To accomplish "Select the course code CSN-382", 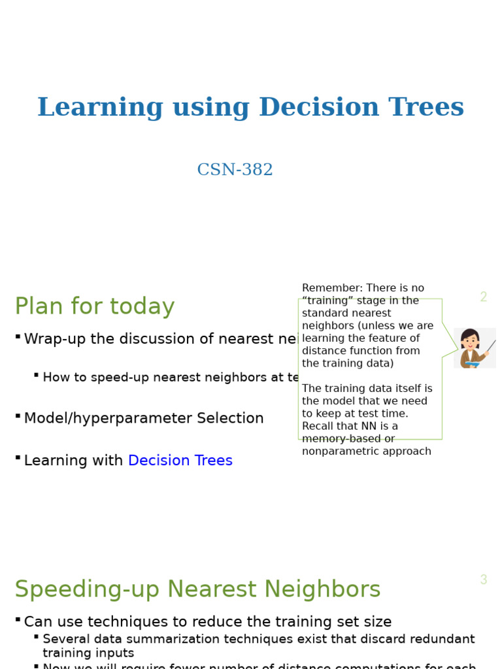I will (235, 170).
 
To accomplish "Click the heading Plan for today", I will (95, 306).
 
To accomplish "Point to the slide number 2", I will (483, 297).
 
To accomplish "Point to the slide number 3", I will (483, 580).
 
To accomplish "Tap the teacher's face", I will (470, 340).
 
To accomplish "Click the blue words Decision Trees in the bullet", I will (180, 461).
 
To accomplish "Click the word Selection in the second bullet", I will (233, 419).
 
